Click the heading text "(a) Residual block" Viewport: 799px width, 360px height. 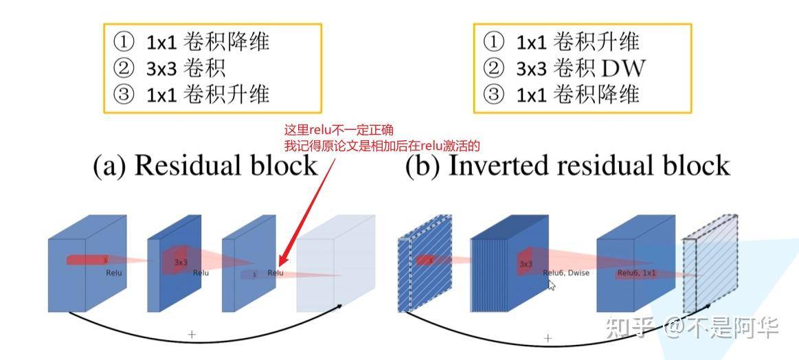205,166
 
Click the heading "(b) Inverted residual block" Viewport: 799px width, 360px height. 567,166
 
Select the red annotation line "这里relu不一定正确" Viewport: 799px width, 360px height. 339,130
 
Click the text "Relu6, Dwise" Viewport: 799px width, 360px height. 566,273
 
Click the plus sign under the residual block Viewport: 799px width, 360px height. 192,334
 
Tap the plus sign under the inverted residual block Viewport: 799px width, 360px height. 548,338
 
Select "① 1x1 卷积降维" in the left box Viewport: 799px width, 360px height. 192,43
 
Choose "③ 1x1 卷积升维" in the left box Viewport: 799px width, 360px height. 192,93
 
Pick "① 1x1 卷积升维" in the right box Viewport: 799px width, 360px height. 562,43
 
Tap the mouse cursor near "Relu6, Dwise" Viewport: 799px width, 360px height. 552,284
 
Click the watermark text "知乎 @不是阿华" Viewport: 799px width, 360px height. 692,327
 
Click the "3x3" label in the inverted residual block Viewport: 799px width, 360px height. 526,264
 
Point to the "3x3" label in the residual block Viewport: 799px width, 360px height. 181,262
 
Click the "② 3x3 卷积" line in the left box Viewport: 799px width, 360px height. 170,68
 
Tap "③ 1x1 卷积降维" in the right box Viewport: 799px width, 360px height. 562,93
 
